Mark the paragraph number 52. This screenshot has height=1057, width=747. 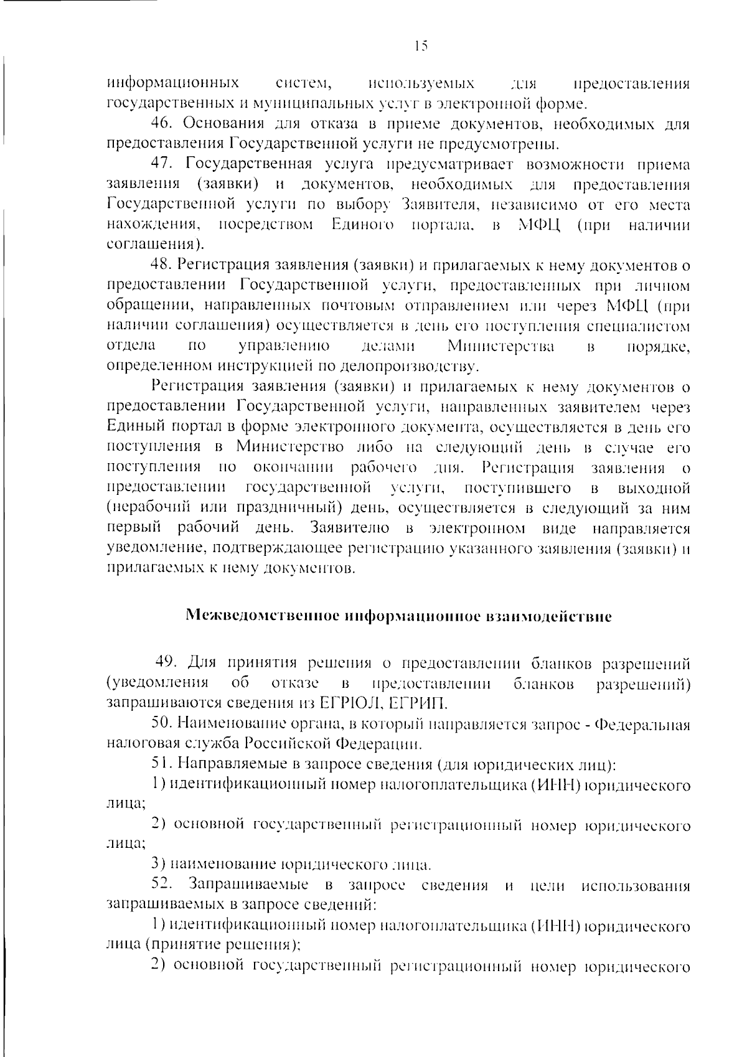pyautogui.click(x=163, y=885)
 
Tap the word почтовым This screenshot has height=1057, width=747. pyautogui.click(x=357, y=306)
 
